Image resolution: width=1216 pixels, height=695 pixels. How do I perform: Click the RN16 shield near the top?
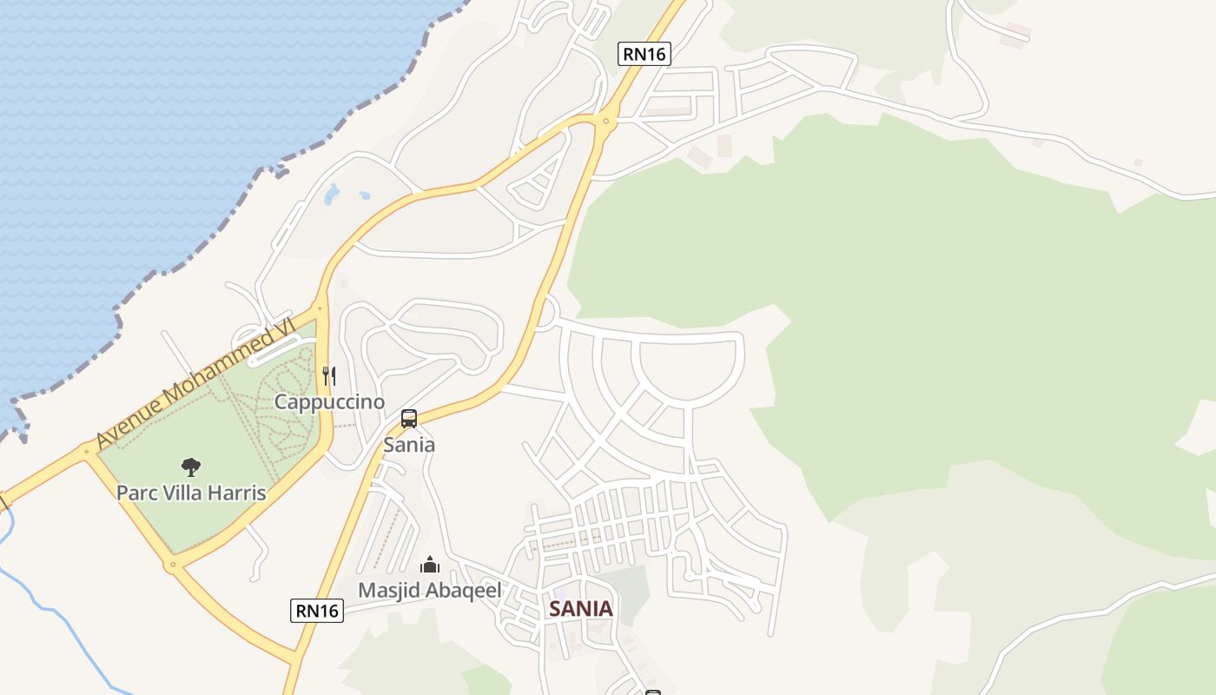(644, 54)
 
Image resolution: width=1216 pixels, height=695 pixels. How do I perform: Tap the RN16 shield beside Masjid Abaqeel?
(317, 611)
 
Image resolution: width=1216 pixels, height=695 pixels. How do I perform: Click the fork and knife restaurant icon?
(328, 375)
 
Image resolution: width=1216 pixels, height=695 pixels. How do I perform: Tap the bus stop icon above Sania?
(409, 419)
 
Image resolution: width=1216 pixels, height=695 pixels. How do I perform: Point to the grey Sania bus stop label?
(409, 445)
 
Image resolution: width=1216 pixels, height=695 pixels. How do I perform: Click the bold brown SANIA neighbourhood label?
(580, 609)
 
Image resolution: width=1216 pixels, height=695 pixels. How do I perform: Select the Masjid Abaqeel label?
(430, 591)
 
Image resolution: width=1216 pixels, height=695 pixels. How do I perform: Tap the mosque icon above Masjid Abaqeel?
(430, 566)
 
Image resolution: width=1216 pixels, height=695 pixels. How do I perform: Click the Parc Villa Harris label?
(191, 493)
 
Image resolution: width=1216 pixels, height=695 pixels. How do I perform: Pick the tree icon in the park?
(191, 467)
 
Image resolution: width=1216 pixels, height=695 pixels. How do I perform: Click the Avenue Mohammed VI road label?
(195, 383)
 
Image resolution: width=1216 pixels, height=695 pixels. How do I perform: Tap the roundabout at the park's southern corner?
(173, 566)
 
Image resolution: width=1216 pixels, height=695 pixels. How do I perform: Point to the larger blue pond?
(332, 195)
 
